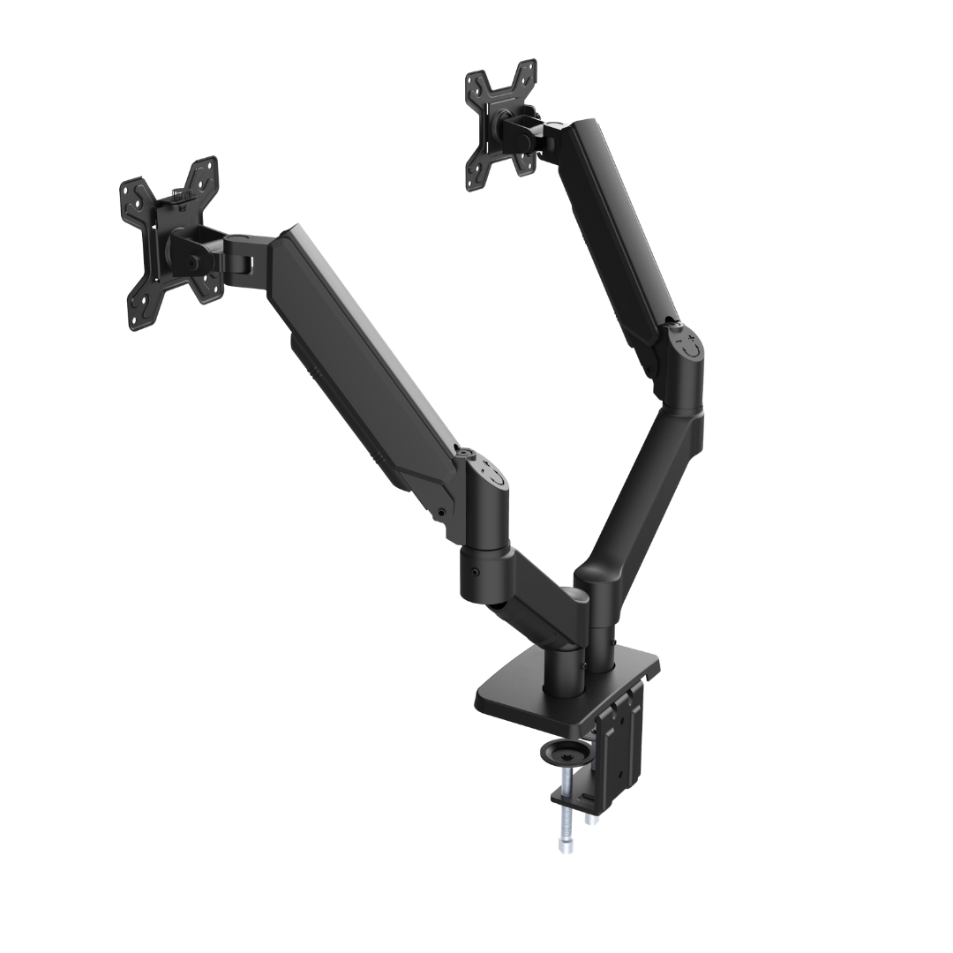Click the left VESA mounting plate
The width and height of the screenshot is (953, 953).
170,242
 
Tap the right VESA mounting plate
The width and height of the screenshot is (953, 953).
501,124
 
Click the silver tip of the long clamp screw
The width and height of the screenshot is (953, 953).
564,848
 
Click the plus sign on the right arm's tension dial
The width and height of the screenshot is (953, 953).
690,338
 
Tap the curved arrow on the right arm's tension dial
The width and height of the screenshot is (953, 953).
693,350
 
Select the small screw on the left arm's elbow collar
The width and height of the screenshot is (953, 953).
476,574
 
